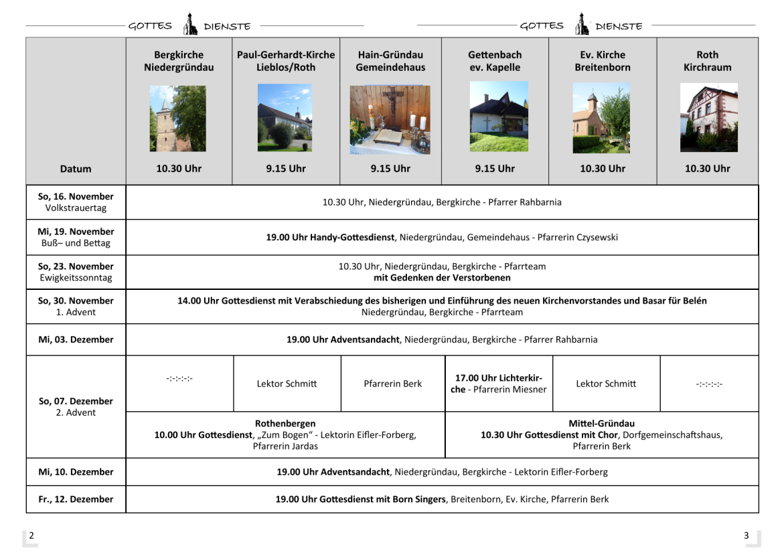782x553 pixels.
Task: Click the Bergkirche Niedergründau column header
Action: click(179, 61)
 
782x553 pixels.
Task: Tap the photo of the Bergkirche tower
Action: click(177, 118)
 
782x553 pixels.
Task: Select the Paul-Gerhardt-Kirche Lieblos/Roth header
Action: click(286, 61)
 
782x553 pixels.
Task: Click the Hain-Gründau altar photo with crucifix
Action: click(390, 119)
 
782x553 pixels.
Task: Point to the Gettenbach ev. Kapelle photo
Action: click(498, 116)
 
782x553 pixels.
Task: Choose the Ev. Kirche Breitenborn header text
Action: click(602, 61)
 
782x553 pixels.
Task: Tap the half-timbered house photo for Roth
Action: click(708, 118)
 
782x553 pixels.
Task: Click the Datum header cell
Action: click(76, 169)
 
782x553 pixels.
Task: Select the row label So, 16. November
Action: click(76, 196)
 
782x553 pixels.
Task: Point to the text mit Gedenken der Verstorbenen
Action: click(442, 277)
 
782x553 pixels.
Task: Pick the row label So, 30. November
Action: click(76, 301)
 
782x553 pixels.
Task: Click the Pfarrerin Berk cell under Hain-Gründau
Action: click(393, 384)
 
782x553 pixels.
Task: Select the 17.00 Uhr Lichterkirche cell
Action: click(499, 384)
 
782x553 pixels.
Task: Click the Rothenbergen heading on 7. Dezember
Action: click(285, 423)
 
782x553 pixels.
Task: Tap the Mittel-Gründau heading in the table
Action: click(601, 423)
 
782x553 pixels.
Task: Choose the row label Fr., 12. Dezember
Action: click(76, 499)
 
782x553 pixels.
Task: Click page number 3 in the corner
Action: click(746, 536)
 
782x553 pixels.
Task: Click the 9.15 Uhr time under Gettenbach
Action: click(495, 169)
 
